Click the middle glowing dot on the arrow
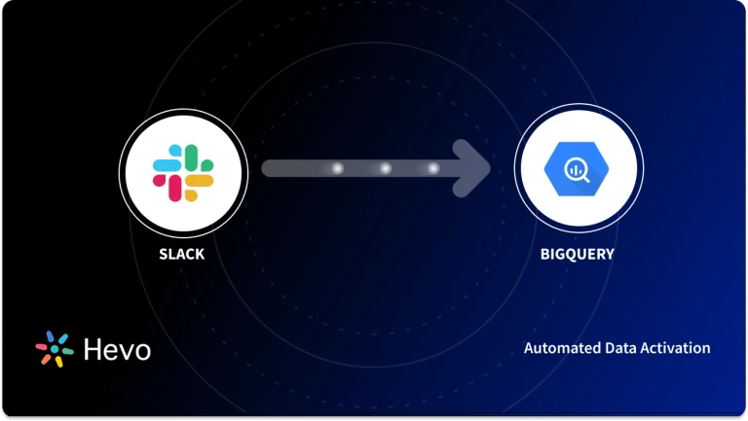[x=386, y=168]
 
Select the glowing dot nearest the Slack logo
[x=337, y=168]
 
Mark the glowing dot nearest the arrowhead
[x=433, y=168]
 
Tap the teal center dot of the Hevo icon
[x=55, y=350]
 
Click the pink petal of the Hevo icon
[x=41, y=345]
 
